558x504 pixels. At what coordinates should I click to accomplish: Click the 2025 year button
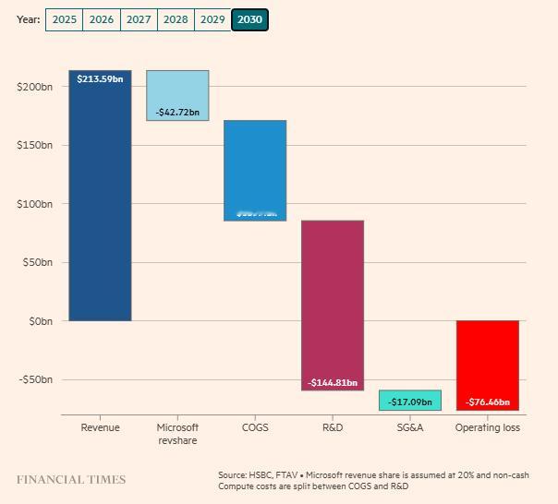coord(64,19)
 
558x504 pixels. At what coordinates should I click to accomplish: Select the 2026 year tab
coord(102,19)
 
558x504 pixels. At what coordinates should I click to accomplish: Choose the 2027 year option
coord(139,19)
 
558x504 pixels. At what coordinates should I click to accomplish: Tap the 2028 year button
coord(176,19)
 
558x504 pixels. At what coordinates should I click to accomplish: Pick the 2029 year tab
coord(212,19)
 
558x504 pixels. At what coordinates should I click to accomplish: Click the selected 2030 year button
coord(249,19)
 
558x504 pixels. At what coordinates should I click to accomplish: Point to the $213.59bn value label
coord(100,79)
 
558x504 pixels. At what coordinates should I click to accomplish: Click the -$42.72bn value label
coord(177,113)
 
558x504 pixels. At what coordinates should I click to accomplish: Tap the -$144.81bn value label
coord(333,382)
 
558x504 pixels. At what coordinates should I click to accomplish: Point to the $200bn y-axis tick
coord(35,87)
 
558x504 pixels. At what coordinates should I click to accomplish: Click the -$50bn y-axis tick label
coord(35,379)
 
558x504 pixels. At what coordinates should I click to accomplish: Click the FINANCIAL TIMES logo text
coord(71,480)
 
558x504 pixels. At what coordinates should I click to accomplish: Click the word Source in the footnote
coord(234,475)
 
